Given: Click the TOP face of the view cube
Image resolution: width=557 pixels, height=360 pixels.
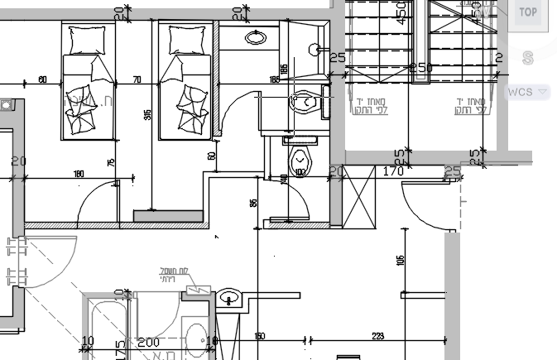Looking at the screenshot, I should (528, 12).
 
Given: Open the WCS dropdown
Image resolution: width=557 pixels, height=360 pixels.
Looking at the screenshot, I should (527, 91).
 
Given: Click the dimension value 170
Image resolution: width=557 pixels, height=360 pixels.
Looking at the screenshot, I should (393, 172).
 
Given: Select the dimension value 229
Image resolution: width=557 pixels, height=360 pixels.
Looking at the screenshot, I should (379, 335).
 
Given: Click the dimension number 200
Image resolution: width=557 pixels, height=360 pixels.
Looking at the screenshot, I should (148, 343).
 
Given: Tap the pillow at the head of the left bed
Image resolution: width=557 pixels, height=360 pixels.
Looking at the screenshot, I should (88, 40).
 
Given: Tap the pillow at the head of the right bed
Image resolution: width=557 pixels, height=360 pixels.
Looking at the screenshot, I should (186, 40).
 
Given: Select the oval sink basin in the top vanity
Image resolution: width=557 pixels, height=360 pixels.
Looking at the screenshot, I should (256, 37).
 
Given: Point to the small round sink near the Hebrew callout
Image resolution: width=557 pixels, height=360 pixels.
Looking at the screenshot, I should (229, 296).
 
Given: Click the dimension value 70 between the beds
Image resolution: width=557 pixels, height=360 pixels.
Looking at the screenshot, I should (137, 80).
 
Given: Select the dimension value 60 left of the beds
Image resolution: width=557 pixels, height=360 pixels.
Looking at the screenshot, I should (42, 80).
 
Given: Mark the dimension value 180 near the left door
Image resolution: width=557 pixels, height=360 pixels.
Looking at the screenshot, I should (79, 174).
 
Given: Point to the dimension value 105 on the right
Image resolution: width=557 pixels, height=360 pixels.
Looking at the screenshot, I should (401, 261).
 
